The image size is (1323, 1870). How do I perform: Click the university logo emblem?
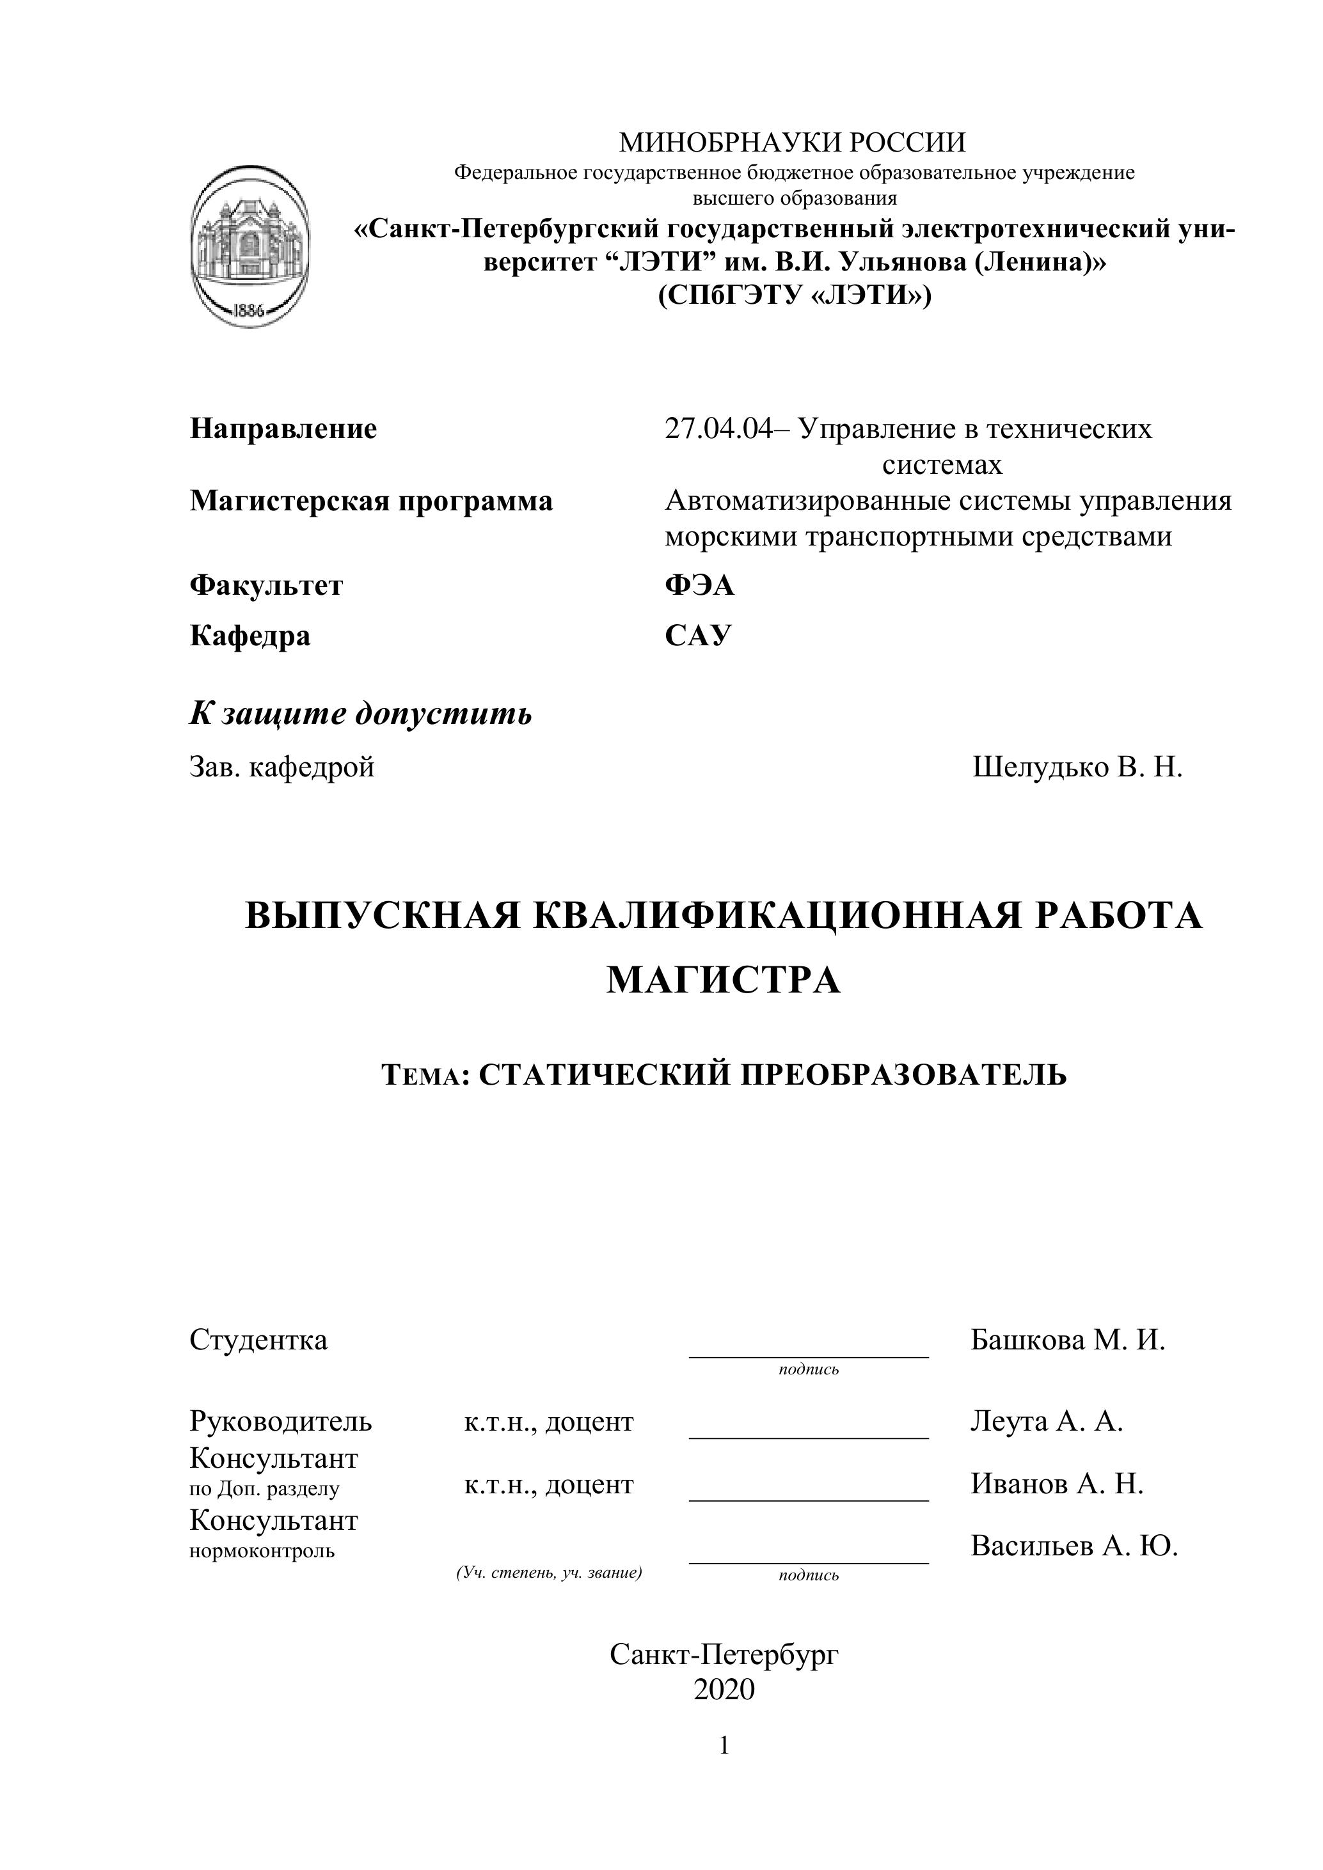coord(250,247)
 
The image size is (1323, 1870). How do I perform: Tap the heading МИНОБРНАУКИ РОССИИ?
coord(792,143)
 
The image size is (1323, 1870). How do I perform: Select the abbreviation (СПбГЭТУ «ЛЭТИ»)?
coord(795,294)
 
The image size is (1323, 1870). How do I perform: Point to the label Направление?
coord(283,428)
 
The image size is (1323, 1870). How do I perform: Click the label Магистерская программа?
coord(370,501)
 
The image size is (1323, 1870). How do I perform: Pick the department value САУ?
coord(698,635)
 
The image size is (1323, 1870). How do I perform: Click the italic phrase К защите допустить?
coord(361,714)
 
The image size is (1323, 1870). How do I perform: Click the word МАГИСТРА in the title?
coord(724,980)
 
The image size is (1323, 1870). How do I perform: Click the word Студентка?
coord(258,1340)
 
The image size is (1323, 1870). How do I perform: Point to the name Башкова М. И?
coord(1068,1340)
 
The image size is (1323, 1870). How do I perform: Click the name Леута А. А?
coord(1047,1421)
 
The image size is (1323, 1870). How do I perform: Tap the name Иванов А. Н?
coord(1057,1484)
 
